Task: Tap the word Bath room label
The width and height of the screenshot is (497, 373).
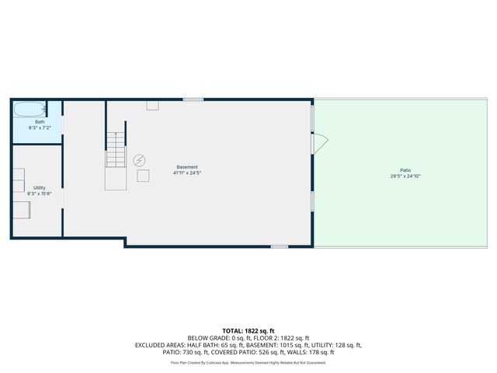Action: tap(40, 122)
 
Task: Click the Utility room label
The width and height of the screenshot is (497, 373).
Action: tap(40, 187)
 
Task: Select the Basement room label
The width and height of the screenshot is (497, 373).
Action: tap(187, 167)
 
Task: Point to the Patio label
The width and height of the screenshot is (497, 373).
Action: tap(405, 170)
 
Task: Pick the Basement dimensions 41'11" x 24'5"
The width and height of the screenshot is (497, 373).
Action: tap(187, 173)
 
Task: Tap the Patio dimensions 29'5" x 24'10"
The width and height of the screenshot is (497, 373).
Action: tap(405, 176)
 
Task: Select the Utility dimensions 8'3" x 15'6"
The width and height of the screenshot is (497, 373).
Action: tap(40, 193)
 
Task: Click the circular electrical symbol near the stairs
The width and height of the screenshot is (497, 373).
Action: tap(140, 159)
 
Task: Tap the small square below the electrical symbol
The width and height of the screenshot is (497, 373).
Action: tap(143, 176)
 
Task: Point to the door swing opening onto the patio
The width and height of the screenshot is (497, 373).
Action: tap(319, 144)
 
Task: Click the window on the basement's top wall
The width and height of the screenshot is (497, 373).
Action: tap(193, 99)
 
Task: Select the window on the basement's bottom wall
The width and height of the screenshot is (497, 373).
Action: tap(279, 246)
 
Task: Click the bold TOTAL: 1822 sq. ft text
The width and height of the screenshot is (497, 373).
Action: tap(248, 330)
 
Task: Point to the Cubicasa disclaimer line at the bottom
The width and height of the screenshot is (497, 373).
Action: tap(248, 362)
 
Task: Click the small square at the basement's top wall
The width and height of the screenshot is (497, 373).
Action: tap(152, 105)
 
